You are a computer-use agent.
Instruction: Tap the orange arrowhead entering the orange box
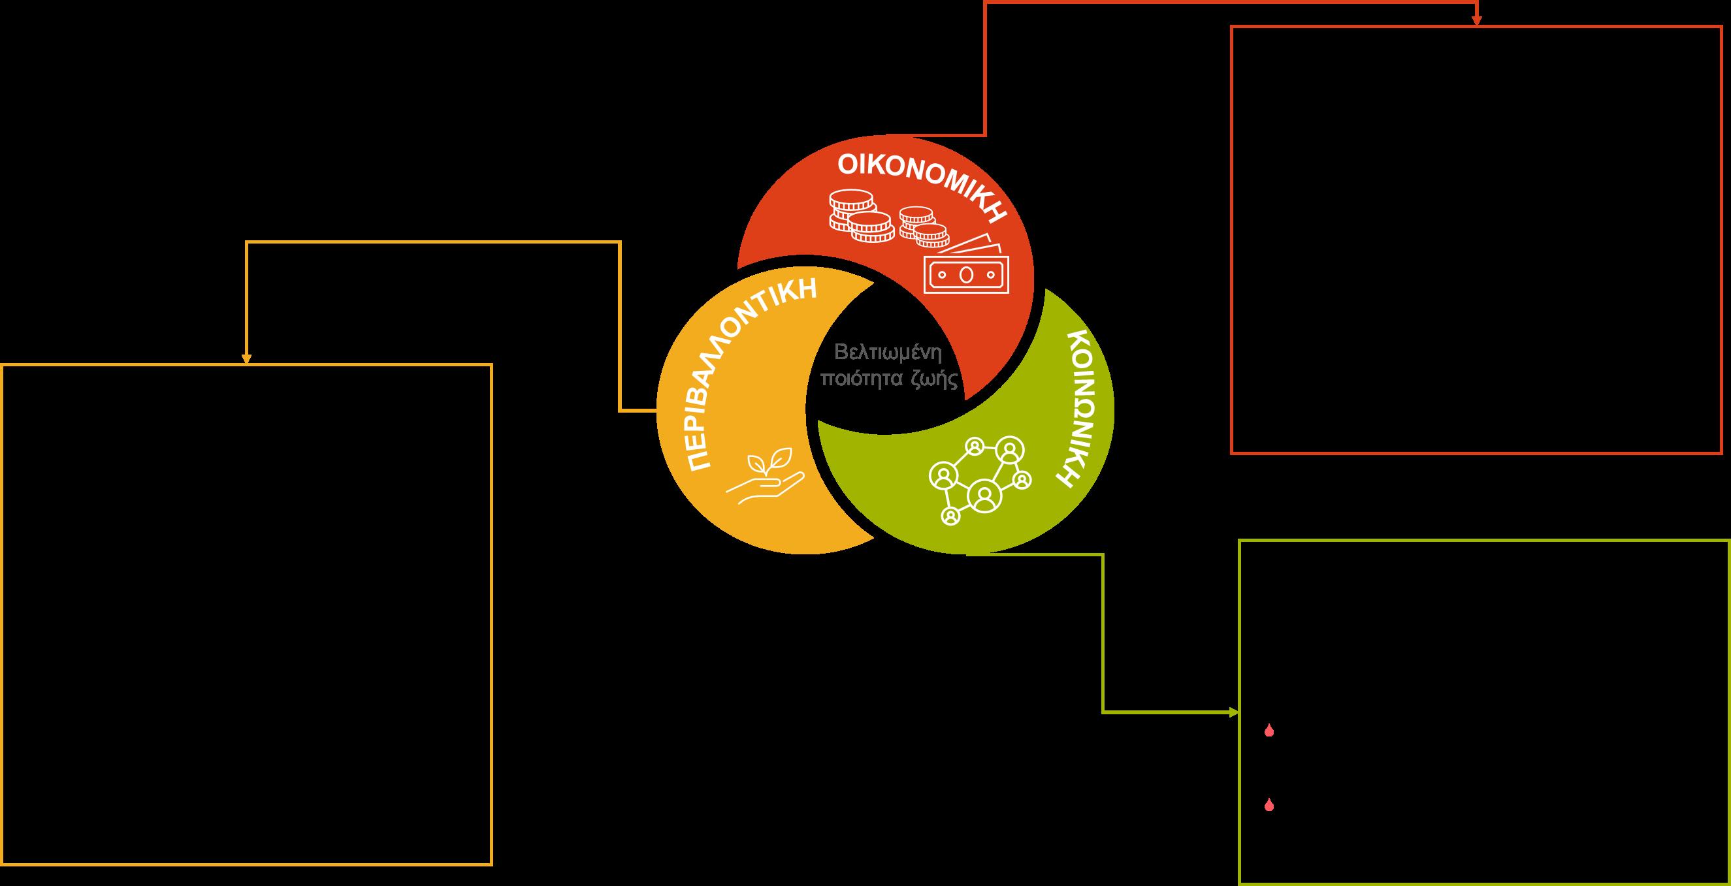coord(246,359)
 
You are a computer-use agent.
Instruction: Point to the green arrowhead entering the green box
coord(1234,713)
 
